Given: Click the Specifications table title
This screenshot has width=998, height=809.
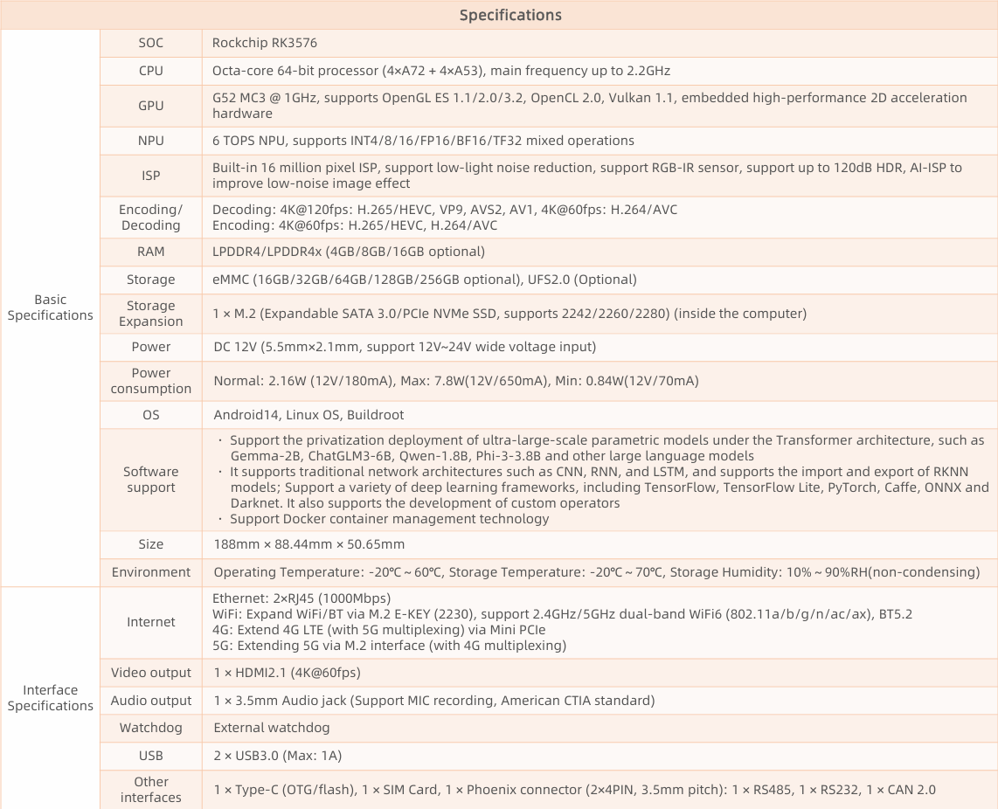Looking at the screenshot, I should [x=510, y=15].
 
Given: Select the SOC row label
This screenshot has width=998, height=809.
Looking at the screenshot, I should [x=150, y=43].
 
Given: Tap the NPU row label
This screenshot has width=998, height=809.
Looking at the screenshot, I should [x=150, y=141].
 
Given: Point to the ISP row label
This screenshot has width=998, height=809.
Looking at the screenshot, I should [x=150, y=176].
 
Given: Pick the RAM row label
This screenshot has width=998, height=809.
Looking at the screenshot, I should [x=150, y=252].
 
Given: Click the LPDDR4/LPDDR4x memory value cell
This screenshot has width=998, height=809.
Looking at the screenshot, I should [x=348, y=252].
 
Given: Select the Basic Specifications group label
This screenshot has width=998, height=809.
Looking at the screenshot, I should [x=50, y=308].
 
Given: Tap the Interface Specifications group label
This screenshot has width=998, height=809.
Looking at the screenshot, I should [x=50, y=698].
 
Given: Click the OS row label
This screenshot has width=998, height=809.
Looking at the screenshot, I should [x=150, y=415].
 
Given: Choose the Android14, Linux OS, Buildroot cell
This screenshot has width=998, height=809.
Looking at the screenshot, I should [x=308, y=415].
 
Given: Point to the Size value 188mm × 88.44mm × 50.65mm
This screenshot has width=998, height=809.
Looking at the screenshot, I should [x=308, y=544].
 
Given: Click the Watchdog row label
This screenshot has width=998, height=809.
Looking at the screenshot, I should [x=150, y=728].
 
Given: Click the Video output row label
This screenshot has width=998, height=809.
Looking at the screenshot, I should [x=150, y=673].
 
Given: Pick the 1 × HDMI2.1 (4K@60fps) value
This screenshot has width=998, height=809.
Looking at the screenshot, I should [x=287, y=673].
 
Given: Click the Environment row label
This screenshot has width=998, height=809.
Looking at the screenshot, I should [x=150, y=572].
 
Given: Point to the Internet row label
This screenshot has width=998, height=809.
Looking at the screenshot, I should [x=150, y=622].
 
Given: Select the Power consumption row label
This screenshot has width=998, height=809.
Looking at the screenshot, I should [x=150, y=381].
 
